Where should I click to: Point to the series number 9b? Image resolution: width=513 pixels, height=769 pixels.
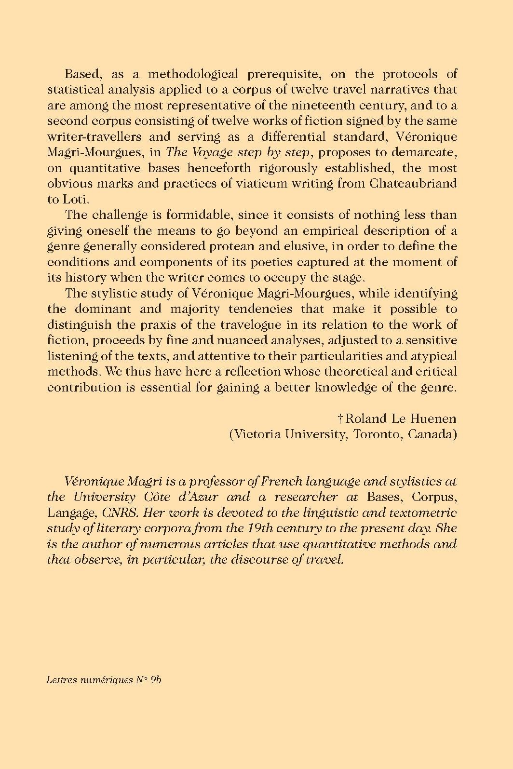(x=155, y=680)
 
